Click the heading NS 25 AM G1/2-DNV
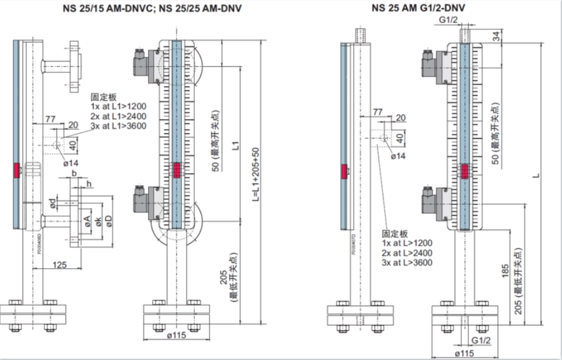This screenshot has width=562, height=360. click(418, 8)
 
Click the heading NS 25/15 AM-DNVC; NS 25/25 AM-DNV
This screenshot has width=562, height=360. click(153, 8)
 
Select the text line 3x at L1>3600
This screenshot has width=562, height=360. click(118, 126)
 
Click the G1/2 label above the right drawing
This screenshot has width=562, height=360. click(449, 21)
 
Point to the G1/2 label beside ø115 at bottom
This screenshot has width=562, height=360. click(481, 340)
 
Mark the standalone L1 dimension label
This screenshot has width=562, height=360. click(235, 147)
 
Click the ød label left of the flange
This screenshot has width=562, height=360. click(53, 203)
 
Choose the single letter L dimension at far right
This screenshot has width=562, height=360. click(536, 176)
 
